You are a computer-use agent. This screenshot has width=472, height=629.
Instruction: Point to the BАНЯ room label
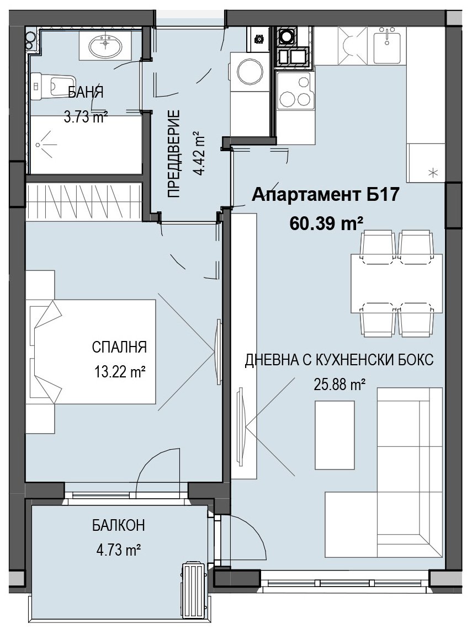(x=86, y=93)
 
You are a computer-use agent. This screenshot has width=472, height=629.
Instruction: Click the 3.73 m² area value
(x=86, y=117)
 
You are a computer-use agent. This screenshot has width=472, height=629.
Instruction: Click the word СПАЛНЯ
(x=120, y=347)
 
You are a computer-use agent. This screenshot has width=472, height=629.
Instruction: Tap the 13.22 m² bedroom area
(x=119, y=372)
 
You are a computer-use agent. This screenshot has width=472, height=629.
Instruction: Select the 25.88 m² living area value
(x=339, y=385)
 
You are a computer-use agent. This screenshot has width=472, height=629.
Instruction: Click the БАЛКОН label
(x=118, y=525)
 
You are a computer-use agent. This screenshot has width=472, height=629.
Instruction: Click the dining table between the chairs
(x=396, y=283)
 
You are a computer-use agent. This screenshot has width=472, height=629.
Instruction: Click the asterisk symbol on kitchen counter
(x=433, y=173)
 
